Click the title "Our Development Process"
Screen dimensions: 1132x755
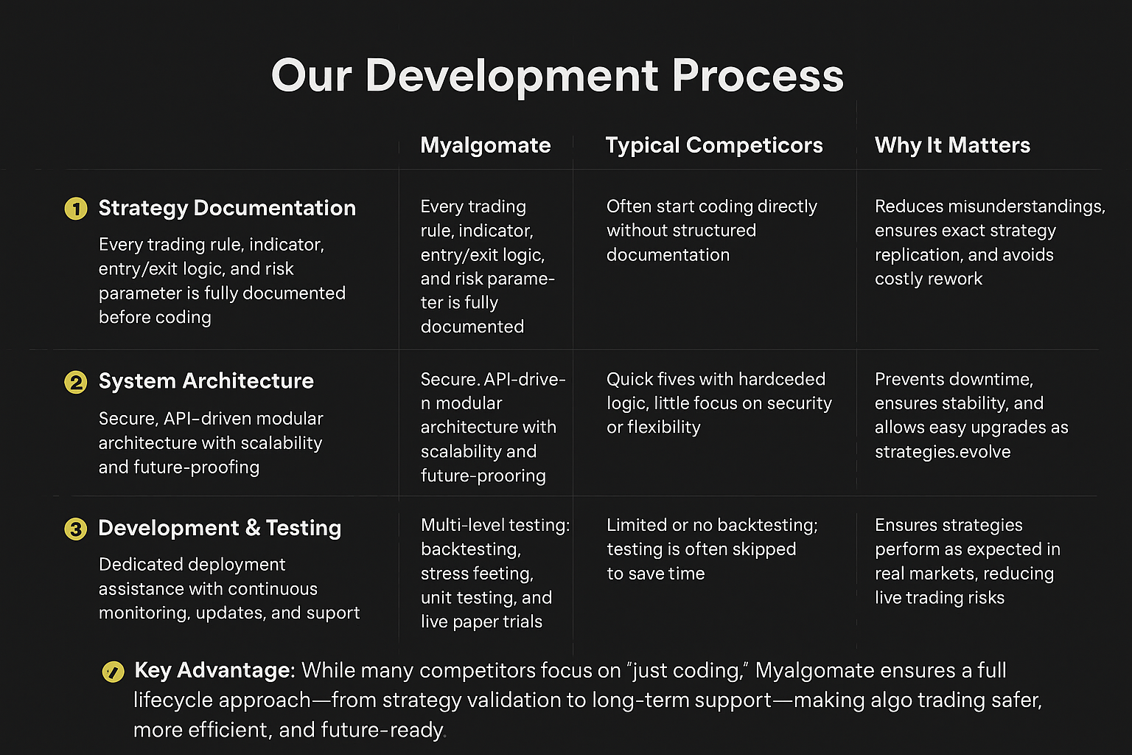pos(557,76)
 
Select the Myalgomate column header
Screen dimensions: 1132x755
pos(485,146)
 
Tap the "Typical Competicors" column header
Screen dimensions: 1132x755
pos(714,146)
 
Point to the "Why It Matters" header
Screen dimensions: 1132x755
pos(952,146)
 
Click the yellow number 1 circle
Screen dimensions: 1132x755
pos(76,209)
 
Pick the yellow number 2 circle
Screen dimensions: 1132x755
pos(76,382)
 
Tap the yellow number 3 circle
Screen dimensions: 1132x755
pos(76,529)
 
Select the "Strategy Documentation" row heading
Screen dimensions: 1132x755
pos(227,209)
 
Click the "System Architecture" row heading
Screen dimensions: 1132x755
pos(206,380)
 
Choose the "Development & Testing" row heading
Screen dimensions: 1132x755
pos(220,529)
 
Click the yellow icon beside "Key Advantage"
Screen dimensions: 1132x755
pos(113,672)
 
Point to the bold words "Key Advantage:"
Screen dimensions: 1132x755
pos(214,670)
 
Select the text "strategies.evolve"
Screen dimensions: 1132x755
pos(943,452)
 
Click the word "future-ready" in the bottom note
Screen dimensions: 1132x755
pos(382,731)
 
